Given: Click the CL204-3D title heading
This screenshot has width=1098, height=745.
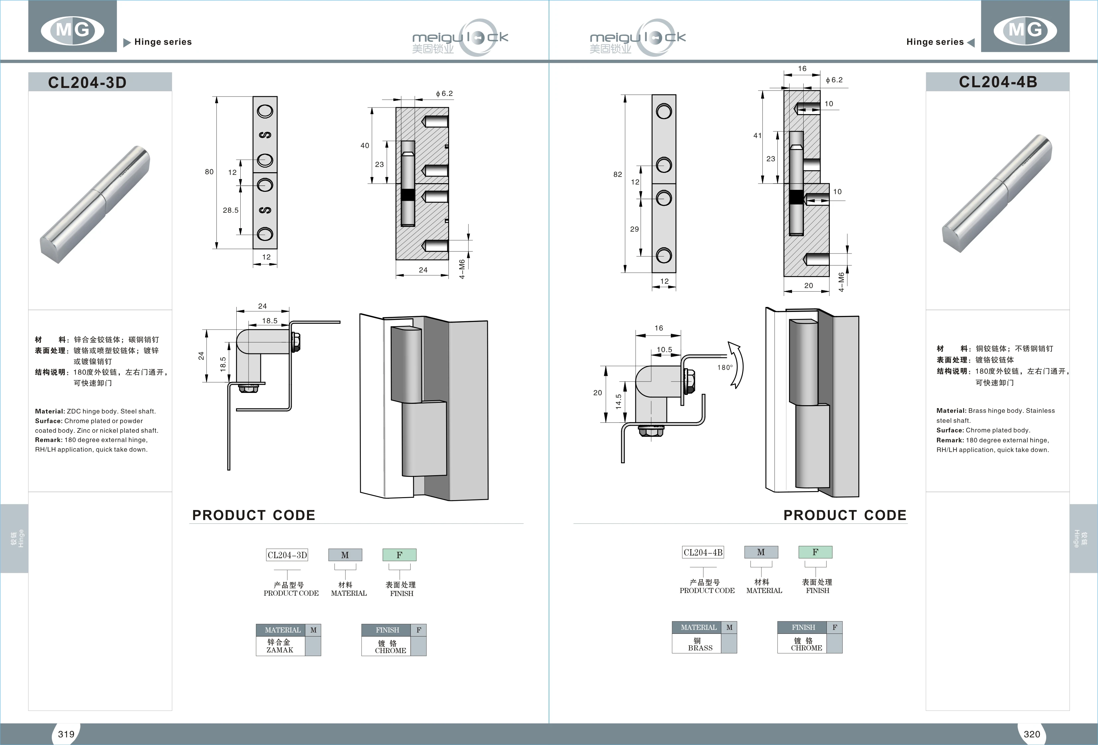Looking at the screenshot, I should pyautogui.click(x=87, y=82).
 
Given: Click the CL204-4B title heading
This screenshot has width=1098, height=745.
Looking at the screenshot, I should pyautogui.click(x=998, y=82).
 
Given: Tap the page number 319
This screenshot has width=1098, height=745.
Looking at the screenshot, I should pyautogui.click(x=66, y=734).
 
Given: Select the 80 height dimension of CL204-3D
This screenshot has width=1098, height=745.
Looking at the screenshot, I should pyautogui.click(x=209, y=172).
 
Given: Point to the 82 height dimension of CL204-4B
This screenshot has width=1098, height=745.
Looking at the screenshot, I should pyautogui.click(x=617, y=174).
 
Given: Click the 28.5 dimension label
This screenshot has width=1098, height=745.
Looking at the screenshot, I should pyautogui.click(x=231, y=210).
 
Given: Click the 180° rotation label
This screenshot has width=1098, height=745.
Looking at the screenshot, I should pyautogui.click(x=725, y=367).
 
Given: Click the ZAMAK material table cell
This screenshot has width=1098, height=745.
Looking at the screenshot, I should pyautogui.click(x=280, y=646).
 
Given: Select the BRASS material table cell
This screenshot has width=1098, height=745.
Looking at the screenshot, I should pyautogui.click(x=700, y=644).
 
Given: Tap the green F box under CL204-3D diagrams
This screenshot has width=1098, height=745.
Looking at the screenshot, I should pyautogui.click(x=399, y=555).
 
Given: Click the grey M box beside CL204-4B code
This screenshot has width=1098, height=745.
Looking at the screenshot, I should pyautogui.click(x=761, y=552).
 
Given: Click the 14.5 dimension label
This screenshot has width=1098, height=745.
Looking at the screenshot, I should pyautogui.click(x=618, y=401).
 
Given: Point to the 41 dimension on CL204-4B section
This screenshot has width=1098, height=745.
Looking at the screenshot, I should pyautogui.click(x=757, y=136).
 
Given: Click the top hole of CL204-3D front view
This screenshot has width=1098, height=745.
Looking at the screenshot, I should pyautogui.click(x=265, y=112).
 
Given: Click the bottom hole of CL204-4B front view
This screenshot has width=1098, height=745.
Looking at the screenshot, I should pyautogui.click(x=664, y=256).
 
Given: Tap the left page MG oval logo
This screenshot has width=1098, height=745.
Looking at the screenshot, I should pyautogui.click(x=72, y=30).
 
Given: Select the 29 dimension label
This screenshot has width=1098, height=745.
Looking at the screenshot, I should pyautogui.click(x=635, y=229).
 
